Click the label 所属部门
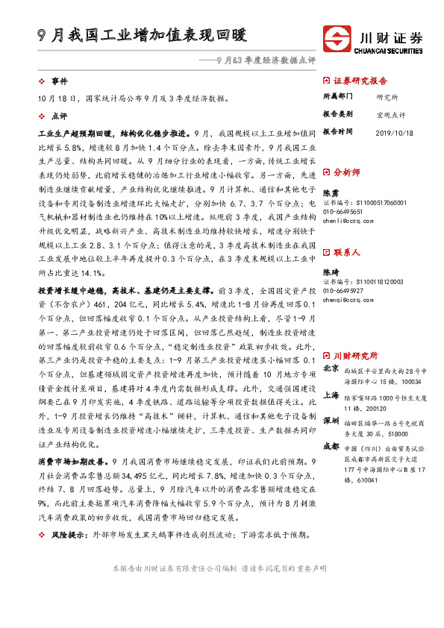338,97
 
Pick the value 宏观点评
391,116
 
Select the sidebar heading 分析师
346,172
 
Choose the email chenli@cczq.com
348,221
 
